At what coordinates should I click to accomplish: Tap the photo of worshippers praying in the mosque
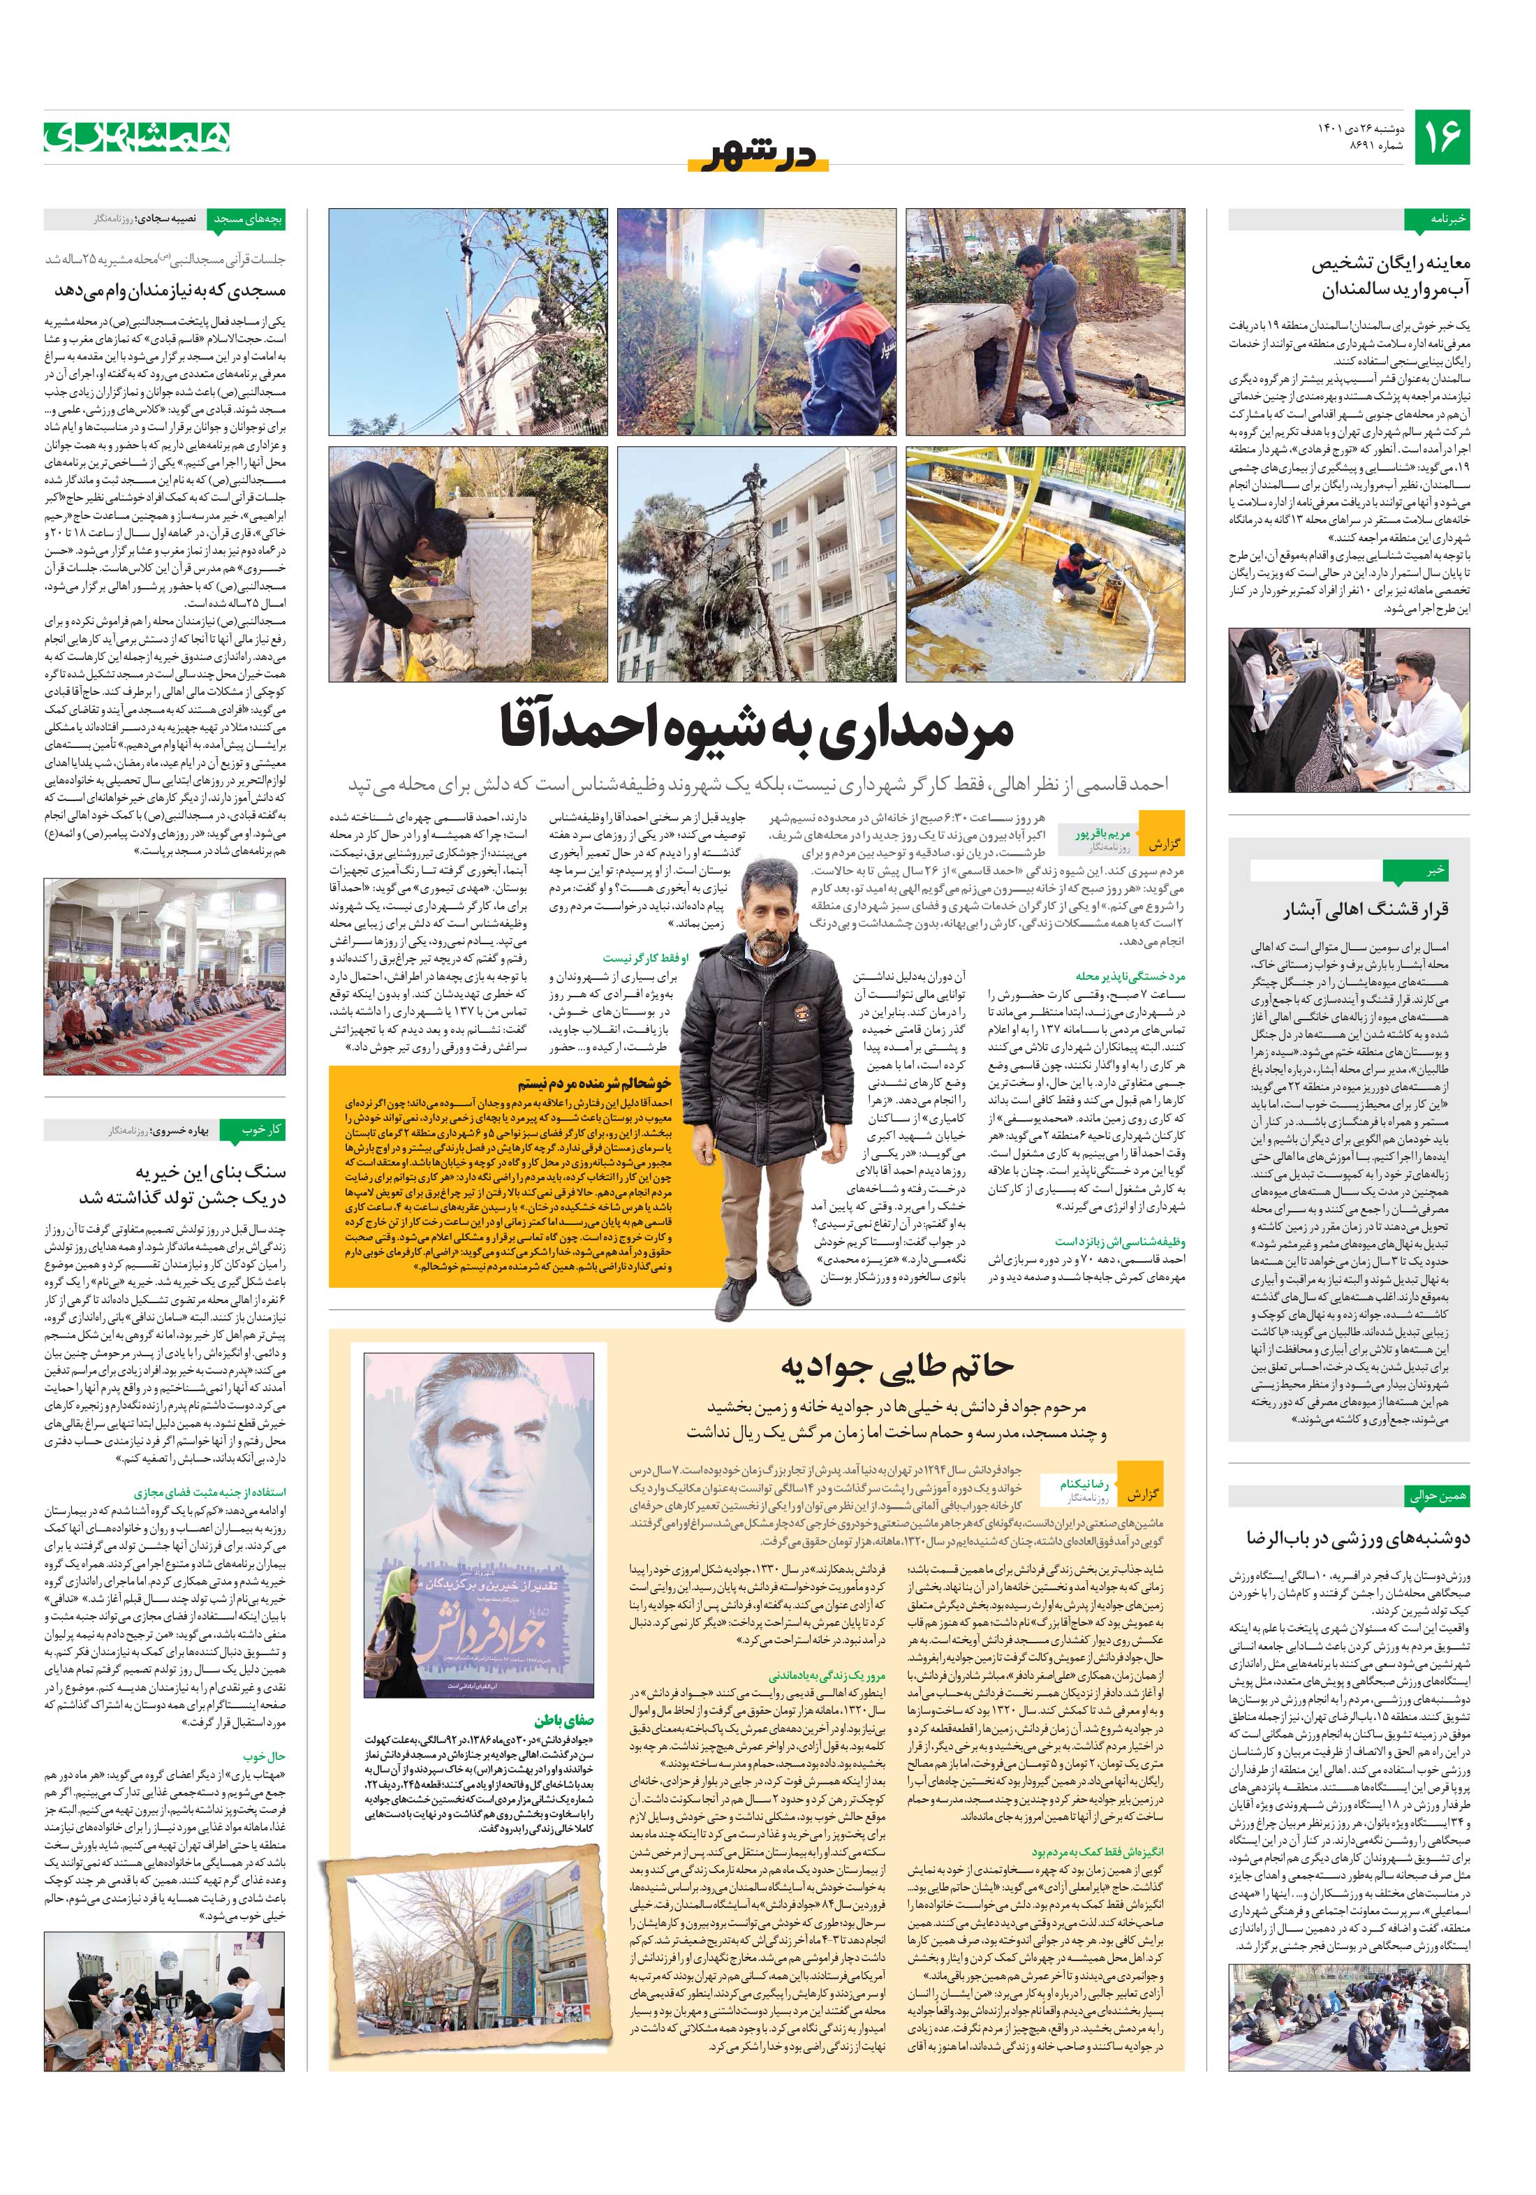(163, 976)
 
